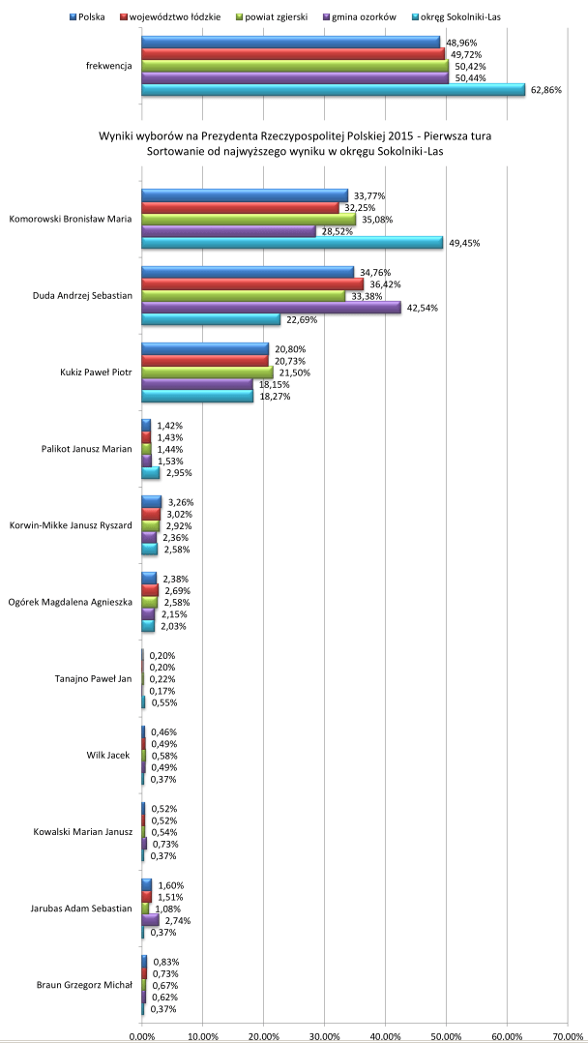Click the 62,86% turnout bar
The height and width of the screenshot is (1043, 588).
click(x=333, y=90)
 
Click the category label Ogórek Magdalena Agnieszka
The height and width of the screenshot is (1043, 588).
click(x=70, y=603)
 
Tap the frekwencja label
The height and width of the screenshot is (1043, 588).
click(x=108, y=67)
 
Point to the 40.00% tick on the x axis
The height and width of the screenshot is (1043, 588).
click(x=385, y=1035)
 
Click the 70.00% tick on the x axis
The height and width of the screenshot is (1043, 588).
click(x=568, y=1035)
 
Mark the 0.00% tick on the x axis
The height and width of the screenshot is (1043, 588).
click(x=142, y=1035)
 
